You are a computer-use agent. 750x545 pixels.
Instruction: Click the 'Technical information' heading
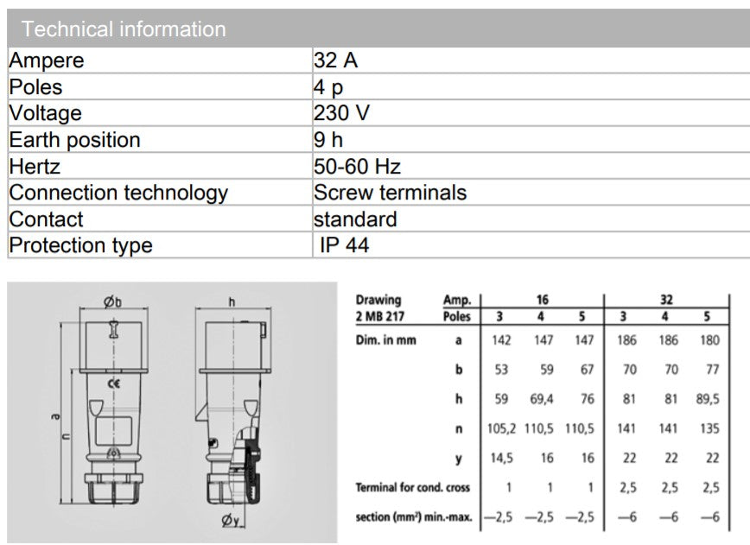[x=124, y=29]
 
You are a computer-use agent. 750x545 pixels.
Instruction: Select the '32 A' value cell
[x=336, y=60]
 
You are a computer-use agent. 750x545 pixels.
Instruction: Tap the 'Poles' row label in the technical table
[x=36, y=87]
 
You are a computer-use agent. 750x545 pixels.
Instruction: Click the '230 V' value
[x=341, y=113]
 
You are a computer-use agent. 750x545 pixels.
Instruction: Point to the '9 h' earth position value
[x=328, y=140]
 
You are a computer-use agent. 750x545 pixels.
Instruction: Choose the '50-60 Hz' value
[x=358, y=167]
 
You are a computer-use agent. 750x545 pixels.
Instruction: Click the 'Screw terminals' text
[x=391, y=193]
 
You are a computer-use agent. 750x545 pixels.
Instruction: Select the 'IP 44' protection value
[x=345, y=245]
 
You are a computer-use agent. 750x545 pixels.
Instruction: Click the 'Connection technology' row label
[x=118, y=193]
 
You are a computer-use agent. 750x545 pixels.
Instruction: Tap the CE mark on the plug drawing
[x=114, y=383]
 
